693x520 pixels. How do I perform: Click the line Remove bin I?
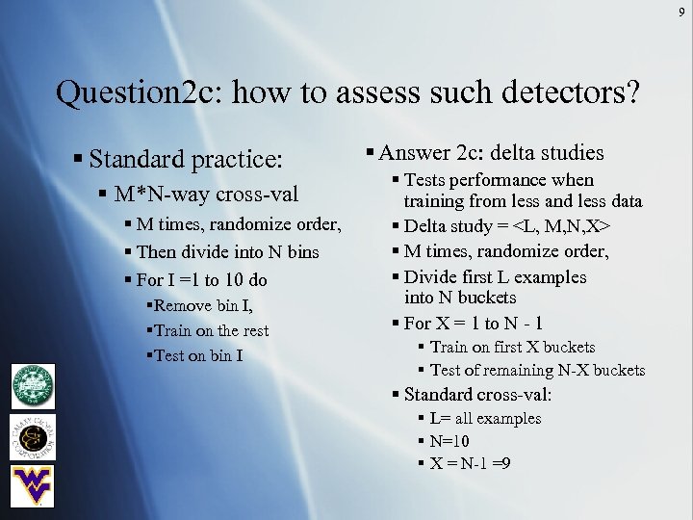[199, 306]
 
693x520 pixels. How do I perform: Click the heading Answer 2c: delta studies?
[490, 152]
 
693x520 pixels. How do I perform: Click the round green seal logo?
[33, 387]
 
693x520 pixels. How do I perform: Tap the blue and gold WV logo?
[33, 485]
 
